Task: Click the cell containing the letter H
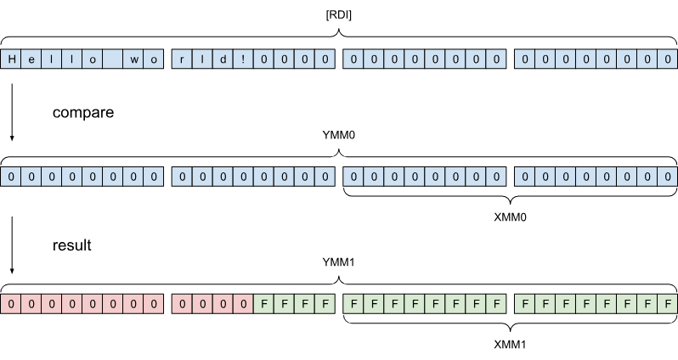[12, 59]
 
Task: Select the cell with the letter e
[32, 59]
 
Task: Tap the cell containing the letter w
[133, 59]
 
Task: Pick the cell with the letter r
[183, 59]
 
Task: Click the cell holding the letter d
[223, 59]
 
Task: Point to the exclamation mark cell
[243, 59]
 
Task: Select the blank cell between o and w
[113, 59]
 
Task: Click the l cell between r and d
[202, 59]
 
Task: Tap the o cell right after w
[154, 59]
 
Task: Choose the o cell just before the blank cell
[93, 59]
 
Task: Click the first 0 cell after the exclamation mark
[263, 59]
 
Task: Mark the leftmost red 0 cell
[12, 304]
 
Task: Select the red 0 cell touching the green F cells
[243, 304]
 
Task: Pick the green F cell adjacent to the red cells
[263, 304]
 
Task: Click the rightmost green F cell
[668, 304]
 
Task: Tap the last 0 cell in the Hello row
[668, 59]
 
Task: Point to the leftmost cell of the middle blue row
[12, 177]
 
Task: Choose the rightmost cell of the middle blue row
[668, 177]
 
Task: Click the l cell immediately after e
[53, 59]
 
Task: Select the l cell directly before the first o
[73, 59]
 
